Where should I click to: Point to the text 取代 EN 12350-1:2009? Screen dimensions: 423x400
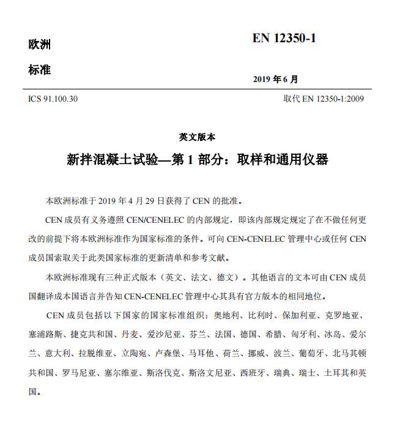[323, 99]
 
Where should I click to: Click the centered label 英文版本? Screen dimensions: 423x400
[197, 137]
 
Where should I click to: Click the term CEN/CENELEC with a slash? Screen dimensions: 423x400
[158, 219]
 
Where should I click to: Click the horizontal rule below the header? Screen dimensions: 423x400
[199, 89]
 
